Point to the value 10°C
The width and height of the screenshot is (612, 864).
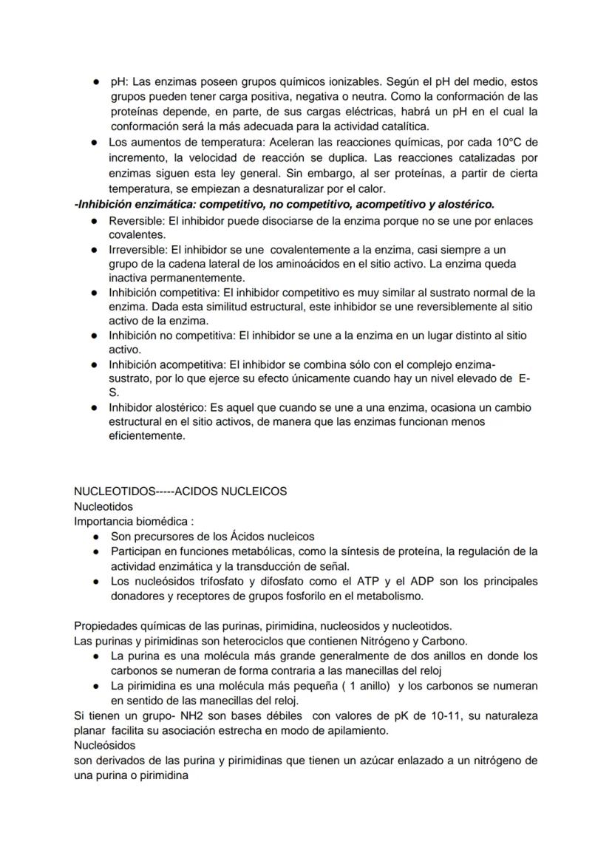522,142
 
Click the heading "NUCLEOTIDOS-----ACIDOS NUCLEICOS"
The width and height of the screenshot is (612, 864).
180,491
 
